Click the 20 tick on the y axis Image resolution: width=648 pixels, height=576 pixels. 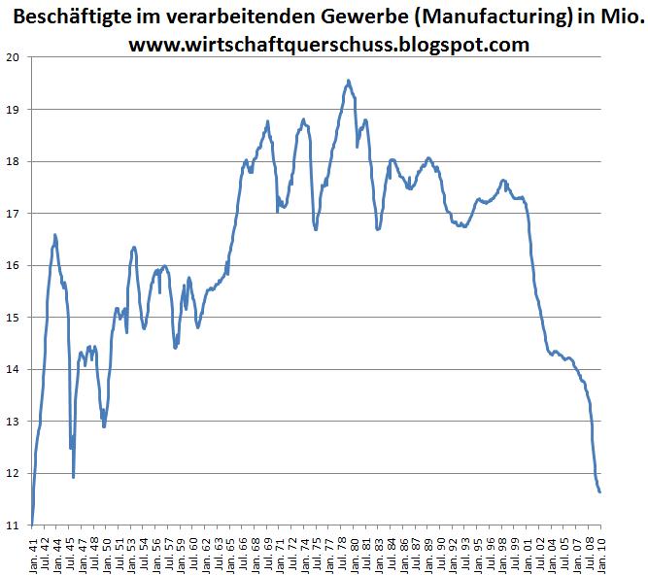[x=14, y=56]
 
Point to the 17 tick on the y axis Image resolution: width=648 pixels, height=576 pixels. [x=14, y=213]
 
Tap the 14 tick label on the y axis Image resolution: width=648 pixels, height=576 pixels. [x=14, y=369]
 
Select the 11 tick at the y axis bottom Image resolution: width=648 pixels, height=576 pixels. [x=14, y=525]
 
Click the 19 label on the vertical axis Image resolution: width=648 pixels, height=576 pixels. [x=14, y=109]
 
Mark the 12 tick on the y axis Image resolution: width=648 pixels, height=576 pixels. [x=14, y=473]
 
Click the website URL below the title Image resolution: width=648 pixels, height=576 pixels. [x=328, y=44]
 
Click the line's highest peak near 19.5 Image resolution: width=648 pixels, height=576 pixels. [x=349, y=82]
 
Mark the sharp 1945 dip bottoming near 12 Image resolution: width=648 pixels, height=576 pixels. [x=73, y=476]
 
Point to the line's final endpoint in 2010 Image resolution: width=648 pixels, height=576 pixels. [x=599, y=491]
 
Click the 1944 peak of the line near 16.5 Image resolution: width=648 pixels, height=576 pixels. [x=55, y=235]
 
